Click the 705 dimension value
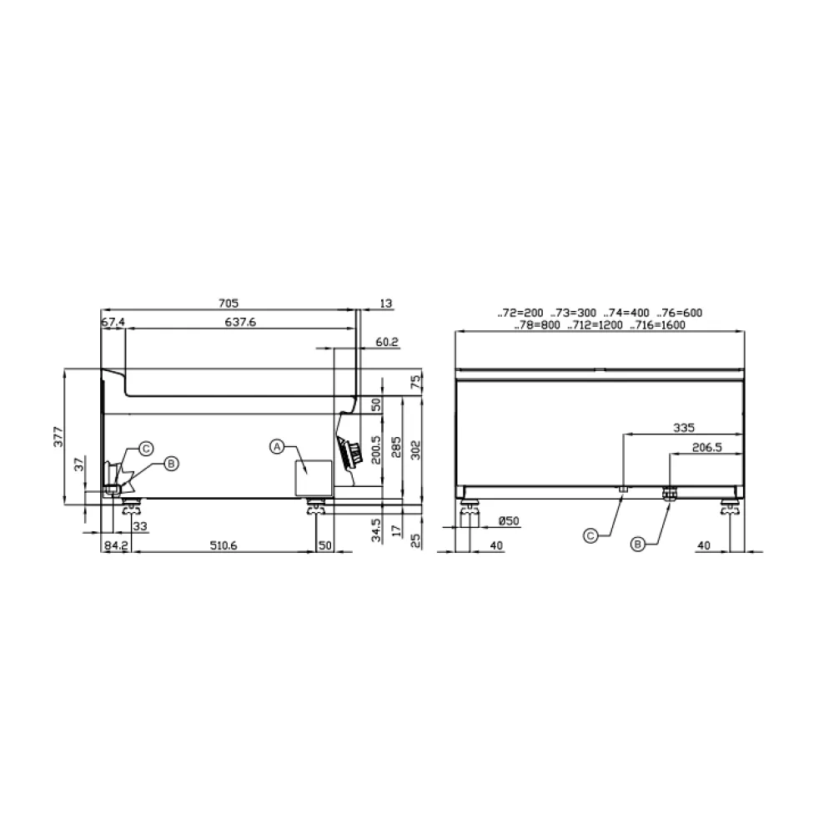[x=229, y=304]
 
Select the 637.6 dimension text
[x=240, y=322]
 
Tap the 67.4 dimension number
[x=113, y=322]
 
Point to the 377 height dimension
[x=58, y=437]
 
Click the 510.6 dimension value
[x=224, y=545]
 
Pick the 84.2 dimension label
[x=115, y=545]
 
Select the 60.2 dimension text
[x=387, y=342]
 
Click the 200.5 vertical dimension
[x=376, y=450]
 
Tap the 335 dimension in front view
[x=684, y=427]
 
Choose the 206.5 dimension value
[x=707, y=447]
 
